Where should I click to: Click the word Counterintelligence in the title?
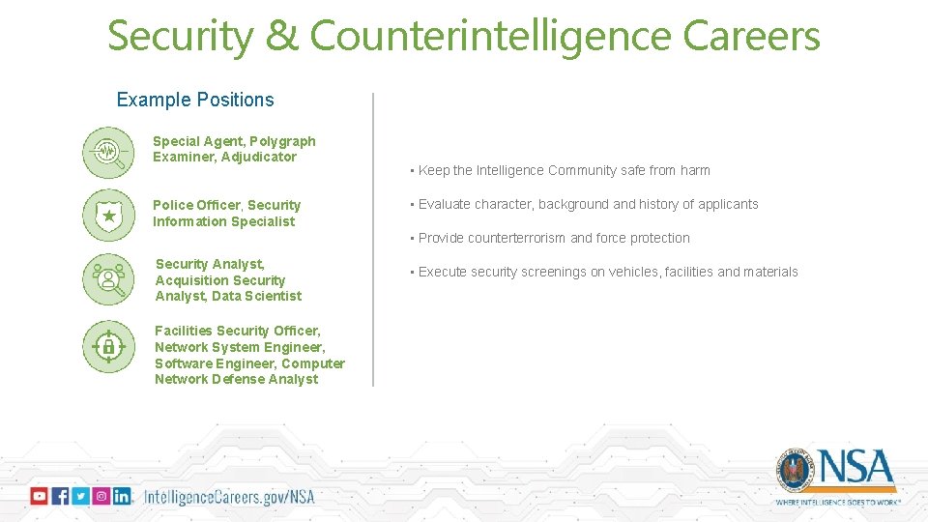[x=491, y=37]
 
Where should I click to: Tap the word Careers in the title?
[x=751, y=37]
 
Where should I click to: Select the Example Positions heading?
[x=195, y=100]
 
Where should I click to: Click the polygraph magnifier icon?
[x=108, y=153]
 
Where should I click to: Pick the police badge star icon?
[x=108, y=215]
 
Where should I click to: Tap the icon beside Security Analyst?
[x=108, y=279]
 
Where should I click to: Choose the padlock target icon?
[x=108, y=346]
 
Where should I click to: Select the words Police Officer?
[x=198, y=205]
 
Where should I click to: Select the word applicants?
[x=726, y=204]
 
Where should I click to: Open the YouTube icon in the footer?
[x=39, y=496]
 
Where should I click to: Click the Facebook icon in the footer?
[x=60, y=496]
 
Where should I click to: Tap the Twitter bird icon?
[x=80, y=496]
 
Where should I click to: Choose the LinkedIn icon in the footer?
[x=122, y=496]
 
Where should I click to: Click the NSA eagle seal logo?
[x=796, y=471]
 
